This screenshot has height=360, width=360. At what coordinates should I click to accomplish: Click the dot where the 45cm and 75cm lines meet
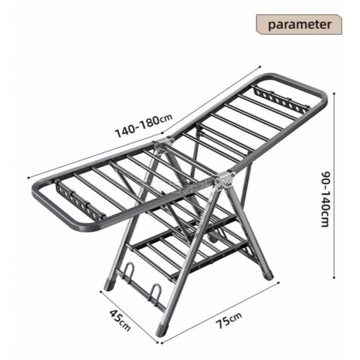161,343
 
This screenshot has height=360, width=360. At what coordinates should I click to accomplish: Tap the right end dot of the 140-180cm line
260,66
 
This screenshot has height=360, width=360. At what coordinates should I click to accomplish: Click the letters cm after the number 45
125,325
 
